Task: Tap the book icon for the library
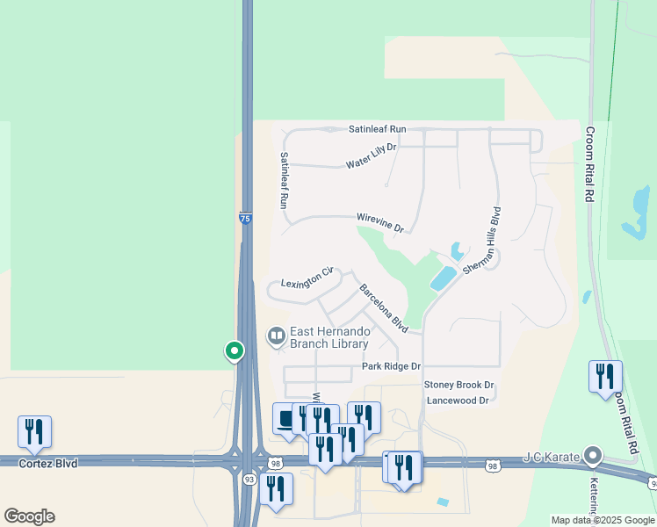[276, 336]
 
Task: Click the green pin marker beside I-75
[235, 351]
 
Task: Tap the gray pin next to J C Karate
[594, 455]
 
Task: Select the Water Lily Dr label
[372, 157]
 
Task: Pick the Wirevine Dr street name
[379, 222]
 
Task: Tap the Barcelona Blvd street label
[383, 307]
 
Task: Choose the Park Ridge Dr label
[391, 365]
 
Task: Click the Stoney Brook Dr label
[459, 385]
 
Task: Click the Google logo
[29, 516]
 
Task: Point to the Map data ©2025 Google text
[602, 520]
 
